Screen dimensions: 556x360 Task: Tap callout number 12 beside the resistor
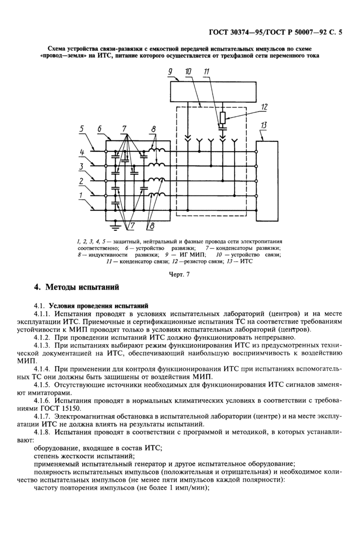tap(264, 107)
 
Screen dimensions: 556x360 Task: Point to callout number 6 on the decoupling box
tap(100, 130)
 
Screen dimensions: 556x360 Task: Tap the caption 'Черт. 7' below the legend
tap(179, 274)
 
